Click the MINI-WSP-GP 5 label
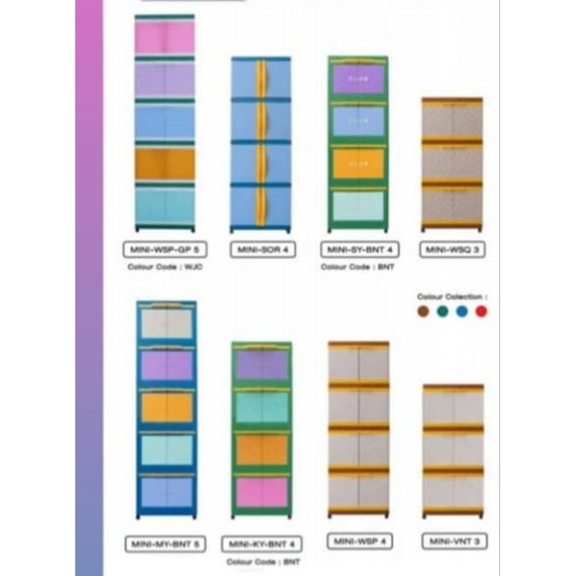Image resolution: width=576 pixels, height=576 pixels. pos(165,250)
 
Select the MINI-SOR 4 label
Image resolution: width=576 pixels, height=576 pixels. pos(263,250)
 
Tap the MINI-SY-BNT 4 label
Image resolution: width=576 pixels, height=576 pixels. pos(360,250)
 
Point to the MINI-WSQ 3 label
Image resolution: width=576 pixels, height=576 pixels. pos(453,250)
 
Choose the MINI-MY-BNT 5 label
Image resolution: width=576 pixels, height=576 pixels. pos(166,543)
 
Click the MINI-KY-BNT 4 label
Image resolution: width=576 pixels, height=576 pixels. pos(262,544)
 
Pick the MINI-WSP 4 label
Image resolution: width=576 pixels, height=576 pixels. pos(360,541)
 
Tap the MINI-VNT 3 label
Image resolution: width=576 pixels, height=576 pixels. pos(455,541)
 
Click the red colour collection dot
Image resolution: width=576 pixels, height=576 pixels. pos(481,311)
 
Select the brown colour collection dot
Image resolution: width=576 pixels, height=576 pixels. pos(423,311)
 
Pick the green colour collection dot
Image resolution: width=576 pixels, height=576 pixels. pos(443,311)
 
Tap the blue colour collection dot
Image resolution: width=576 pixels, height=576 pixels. pos(462,311)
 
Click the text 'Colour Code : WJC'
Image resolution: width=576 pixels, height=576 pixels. pos(165,267)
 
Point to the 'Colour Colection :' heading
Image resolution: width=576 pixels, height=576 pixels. pos(452,297)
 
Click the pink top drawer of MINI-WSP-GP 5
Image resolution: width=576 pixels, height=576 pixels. pos(164,38)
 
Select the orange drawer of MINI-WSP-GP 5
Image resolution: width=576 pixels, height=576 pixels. pos(164,164)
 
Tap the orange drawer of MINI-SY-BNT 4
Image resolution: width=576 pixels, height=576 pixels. pos(358,164)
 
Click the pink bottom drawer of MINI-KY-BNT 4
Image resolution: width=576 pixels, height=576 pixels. pos(262,492)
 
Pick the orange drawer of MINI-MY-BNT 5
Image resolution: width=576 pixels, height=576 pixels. pos(167,407)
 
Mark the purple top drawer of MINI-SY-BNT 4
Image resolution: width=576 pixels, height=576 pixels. pos(358,79)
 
